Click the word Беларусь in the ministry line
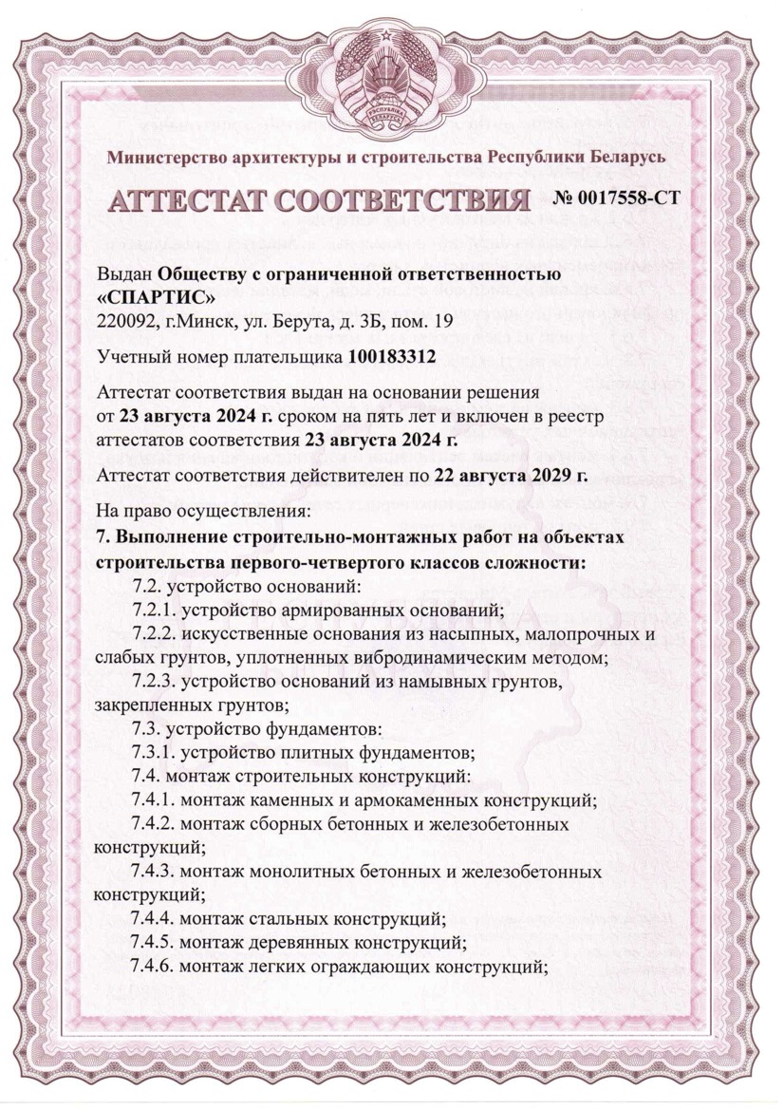click(622, 157)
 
